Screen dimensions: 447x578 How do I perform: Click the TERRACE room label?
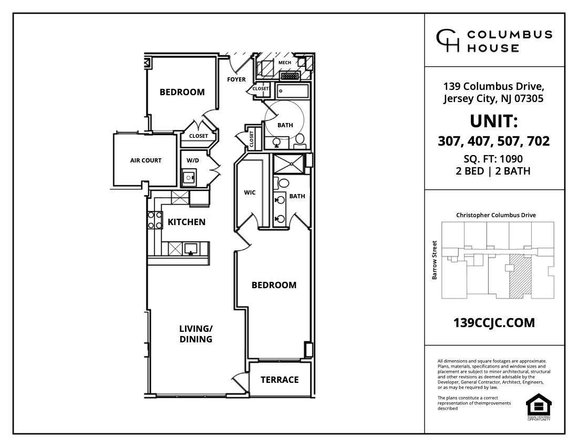point(280,380)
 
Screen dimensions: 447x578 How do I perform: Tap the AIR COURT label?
point(146,160)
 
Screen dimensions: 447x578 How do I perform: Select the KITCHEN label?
point(187,222)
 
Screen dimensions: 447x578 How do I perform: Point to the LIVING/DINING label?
point(196,334)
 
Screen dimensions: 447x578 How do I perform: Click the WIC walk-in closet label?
point(250,192)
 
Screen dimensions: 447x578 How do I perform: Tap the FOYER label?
point(236,79)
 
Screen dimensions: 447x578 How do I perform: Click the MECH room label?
point(285,63)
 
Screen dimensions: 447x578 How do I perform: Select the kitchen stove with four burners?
point(154,220)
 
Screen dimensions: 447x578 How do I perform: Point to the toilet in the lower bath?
point(283,184)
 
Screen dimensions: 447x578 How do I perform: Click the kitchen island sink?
point(190,248)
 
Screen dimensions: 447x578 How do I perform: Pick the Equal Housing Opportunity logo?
point(539,407)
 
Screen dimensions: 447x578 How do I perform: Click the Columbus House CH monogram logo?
point(448,41)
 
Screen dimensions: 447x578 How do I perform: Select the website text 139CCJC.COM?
point(494,323)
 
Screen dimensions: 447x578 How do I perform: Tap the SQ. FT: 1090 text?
point(493,159)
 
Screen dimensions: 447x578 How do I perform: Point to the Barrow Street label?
point(435,260)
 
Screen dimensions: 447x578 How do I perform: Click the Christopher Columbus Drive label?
point(496,215)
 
